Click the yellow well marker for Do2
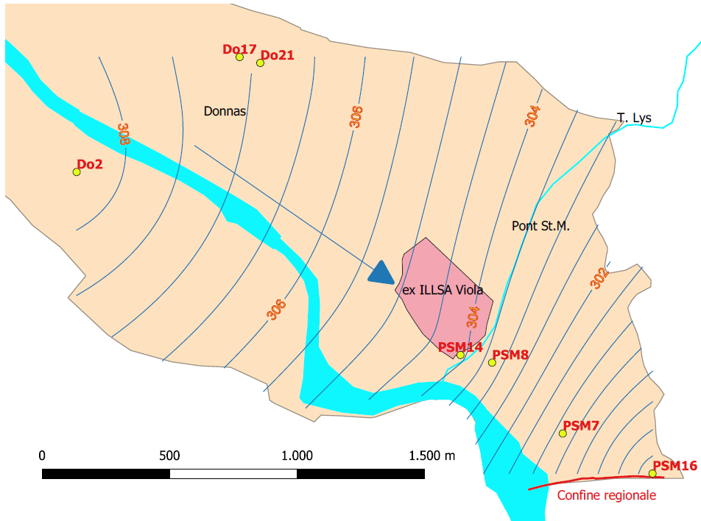(x=76, y=172)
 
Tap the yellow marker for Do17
(x=239, y=57)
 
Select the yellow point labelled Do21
(x=260, y=63)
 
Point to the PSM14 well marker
(x=460, y=355)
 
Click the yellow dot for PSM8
(x=492, y=362)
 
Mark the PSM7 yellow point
(x=563, y=433)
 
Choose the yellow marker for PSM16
(x=652, y=473)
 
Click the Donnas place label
(x=225, y=112)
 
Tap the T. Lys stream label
(x=634, y=118)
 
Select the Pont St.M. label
(x=541, y=227)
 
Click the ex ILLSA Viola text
(x=443, y=290)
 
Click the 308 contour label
(x=124, y=133)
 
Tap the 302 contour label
(x=600, y=277)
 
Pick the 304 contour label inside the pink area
(x=473, y=316)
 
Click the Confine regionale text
(x=606, y=495)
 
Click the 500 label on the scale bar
(x=169, y=456)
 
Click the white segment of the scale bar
(x=233, y=474)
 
